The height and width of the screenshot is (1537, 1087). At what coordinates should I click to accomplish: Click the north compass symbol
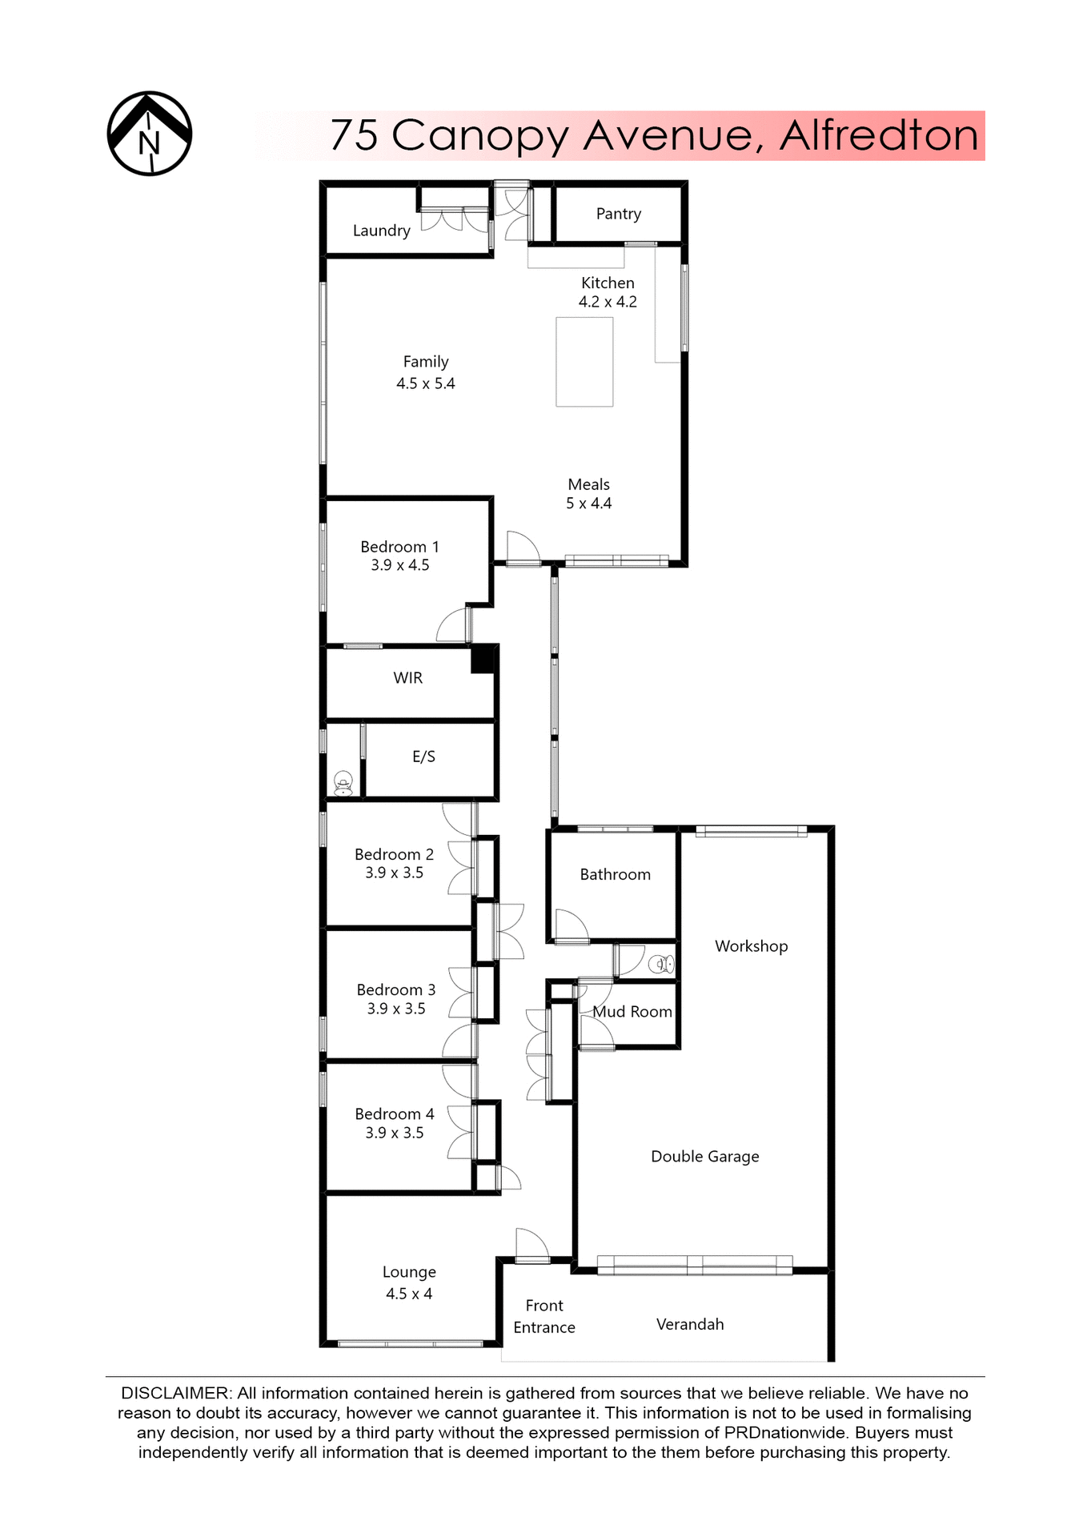[150, 134]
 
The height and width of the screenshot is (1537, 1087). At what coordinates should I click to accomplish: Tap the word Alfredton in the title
[878, 135]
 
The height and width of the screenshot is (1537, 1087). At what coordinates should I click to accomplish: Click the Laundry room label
[381, 231]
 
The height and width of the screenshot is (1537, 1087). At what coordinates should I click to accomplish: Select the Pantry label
[618, 214]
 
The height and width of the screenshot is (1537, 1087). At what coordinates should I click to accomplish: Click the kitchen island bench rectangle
[584, 362]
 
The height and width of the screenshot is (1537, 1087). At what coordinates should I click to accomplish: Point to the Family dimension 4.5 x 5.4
[425, 383]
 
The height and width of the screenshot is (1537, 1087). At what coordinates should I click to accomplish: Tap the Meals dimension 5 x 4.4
[588, 504]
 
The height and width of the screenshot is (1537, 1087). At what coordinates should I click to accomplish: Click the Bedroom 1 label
[399, 547]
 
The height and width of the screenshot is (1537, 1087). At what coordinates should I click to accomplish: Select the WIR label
[407, 678]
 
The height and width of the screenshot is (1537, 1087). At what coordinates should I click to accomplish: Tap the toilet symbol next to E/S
[343, 784]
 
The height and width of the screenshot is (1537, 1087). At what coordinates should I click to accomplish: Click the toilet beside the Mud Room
[661, 964]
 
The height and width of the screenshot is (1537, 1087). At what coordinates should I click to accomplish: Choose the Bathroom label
[615, 875]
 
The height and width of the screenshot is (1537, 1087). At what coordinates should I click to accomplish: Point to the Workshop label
[751, 946]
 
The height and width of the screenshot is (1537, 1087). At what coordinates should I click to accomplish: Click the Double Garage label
[704, 1157]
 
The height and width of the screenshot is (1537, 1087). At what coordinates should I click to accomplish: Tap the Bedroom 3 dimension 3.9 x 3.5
[396, 1009]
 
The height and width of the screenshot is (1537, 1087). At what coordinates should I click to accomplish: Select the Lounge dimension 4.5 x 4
[408, 1294]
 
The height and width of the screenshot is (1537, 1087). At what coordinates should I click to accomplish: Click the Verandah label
[689, 1324]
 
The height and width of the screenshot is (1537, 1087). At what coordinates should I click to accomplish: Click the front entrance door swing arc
[531, 1243]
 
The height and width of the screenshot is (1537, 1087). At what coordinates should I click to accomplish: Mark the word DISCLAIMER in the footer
[175, 1393]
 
